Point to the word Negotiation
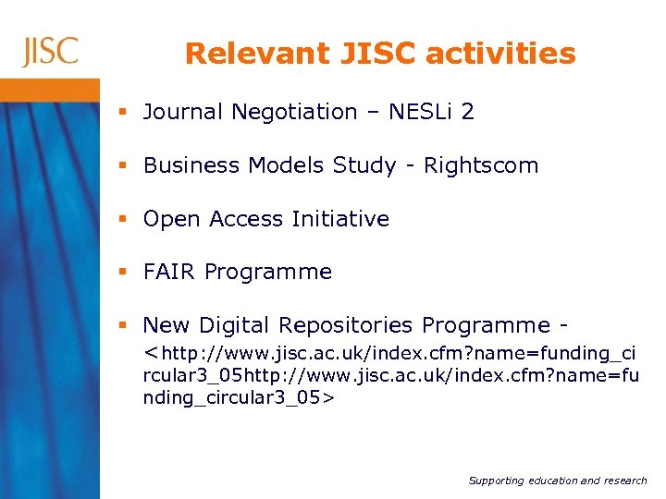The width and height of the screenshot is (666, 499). tap(294, 112)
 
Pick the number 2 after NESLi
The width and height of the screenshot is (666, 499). tap(467, 112)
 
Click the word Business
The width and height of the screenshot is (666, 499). tap(191, 165)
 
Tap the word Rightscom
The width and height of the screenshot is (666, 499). tap(481, 165)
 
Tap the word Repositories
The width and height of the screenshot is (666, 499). tap(346, 325)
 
